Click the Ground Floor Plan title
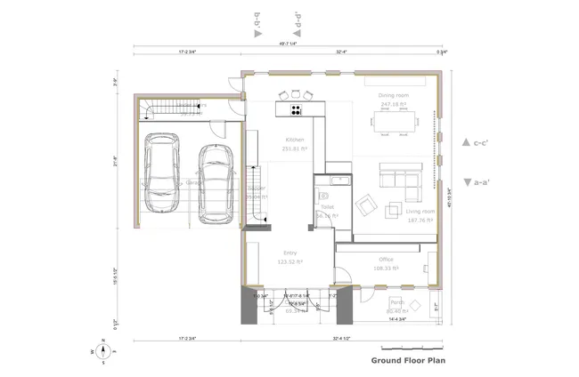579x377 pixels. click(408, 361)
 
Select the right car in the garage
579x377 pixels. click(215, 181)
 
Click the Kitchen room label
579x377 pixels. click(295, 140)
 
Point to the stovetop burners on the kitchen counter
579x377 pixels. click(295, 109)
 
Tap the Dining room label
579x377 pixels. click(394, 95)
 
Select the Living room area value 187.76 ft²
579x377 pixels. click(420, 221)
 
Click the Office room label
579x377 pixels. click(387, 259)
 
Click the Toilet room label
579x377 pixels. click(326, 206)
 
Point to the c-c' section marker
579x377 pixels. click(472, 142)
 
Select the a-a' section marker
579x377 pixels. click(472, 182)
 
